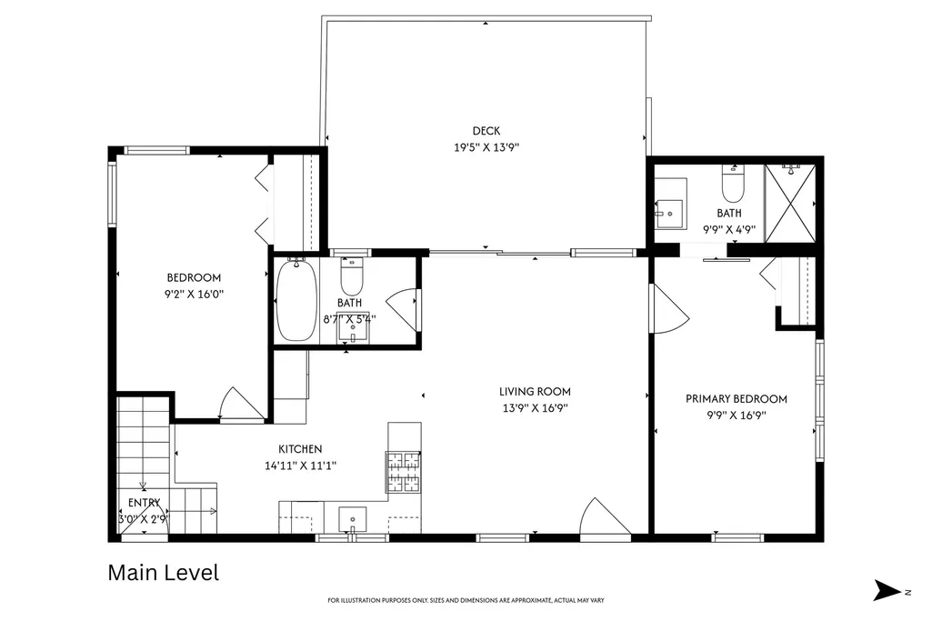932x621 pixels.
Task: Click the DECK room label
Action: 486,131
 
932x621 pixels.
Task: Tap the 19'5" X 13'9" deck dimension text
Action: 486,147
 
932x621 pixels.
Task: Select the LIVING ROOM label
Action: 535,392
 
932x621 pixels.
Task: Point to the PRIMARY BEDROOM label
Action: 737,399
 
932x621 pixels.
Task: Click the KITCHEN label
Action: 300,449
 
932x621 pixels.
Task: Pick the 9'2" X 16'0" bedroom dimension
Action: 194,294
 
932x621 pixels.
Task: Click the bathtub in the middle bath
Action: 296,300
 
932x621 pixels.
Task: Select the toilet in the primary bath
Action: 733,183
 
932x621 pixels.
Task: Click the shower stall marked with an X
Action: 790,204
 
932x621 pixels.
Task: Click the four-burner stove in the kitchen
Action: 405,473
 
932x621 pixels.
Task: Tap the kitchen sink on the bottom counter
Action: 353,520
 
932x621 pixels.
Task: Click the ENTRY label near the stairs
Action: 144,503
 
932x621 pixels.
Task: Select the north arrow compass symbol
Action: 888,591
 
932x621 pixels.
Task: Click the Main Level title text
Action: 164,573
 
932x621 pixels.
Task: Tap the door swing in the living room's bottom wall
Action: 605,519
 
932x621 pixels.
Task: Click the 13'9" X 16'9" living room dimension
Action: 535,408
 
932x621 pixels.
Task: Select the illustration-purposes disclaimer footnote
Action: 466,600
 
